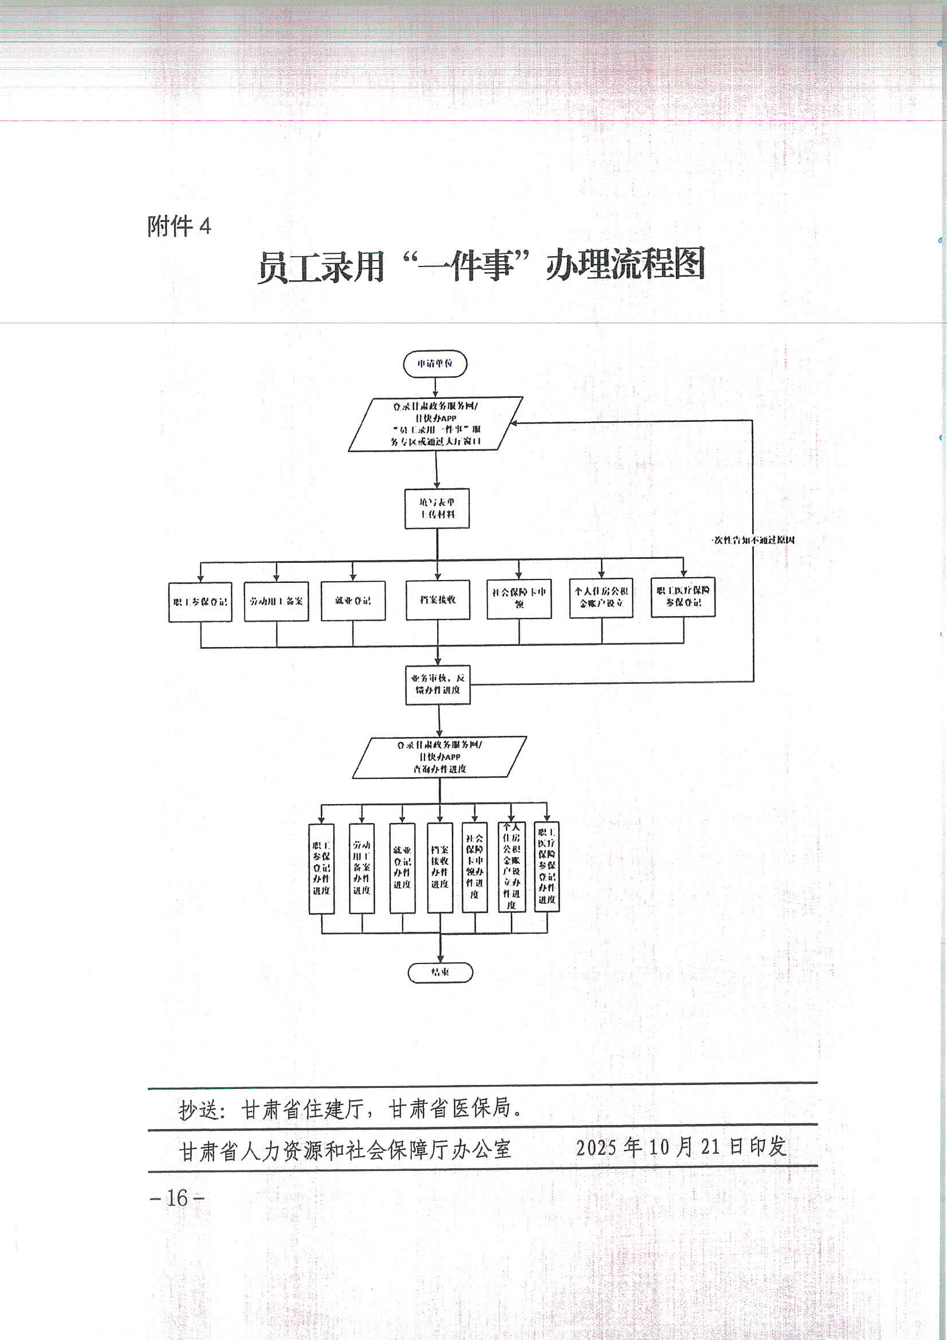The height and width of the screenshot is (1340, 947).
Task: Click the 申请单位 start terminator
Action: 435,363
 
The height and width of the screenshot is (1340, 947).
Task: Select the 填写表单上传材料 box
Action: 437,508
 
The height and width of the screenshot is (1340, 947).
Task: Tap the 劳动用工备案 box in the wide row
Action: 277,601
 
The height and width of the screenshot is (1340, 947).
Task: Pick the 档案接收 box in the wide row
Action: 438,600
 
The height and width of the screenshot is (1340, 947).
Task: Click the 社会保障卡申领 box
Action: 518,598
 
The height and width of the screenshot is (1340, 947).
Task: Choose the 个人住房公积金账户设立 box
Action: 602,598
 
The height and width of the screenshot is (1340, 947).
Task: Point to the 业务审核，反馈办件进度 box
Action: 438,684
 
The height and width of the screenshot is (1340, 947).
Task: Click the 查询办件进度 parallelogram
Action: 439,757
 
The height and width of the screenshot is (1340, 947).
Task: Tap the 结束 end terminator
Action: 440,972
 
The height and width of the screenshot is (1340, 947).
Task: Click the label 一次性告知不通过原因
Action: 753,540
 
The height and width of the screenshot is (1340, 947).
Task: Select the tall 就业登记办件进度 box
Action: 402,867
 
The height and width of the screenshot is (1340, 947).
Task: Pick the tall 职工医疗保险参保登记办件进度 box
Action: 547,866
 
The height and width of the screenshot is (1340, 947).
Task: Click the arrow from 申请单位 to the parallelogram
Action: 435,387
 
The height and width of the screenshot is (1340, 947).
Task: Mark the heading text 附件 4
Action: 179,226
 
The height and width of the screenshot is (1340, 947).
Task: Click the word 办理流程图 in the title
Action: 625,264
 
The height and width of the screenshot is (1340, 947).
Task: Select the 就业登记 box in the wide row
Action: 353,601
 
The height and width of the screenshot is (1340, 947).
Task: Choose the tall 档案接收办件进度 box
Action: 440,867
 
